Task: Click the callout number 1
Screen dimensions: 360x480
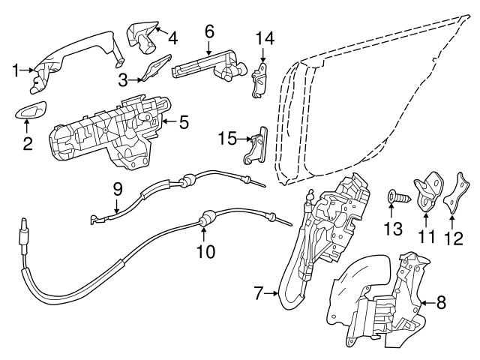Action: click(15, 70)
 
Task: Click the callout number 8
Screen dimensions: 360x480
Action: click(440, 303)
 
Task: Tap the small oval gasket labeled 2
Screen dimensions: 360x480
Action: click(29, 112)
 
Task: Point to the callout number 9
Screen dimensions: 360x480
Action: click(118, 189)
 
